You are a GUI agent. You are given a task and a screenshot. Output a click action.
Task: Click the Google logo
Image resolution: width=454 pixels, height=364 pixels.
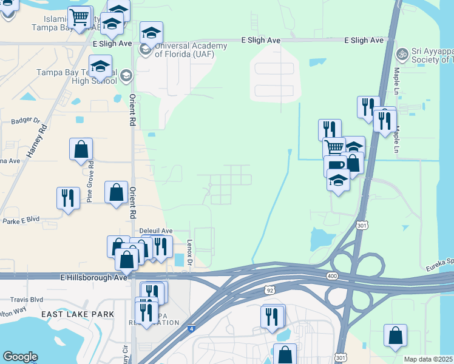pyautogui.click(x=20, y=357)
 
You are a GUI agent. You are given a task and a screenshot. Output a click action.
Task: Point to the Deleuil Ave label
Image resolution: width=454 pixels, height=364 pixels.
pyautogui.click(x=157, y=231)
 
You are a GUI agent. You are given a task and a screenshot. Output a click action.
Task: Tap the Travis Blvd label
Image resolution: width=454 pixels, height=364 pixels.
pyautogui.click(x=27, y=300)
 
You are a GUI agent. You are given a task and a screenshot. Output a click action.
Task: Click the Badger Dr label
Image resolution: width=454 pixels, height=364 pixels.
pyautogui.click(x=25, y=121)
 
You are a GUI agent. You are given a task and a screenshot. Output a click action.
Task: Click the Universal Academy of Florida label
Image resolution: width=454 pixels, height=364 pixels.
pyautogui.click(x=191, y=50)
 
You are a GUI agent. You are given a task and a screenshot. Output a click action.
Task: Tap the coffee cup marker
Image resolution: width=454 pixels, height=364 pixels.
pyautogui.click(x=334, y=164)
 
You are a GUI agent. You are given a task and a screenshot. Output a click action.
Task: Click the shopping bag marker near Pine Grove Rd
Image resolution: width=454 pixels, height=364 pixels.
pyautogui.click(x=81, y=149)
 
